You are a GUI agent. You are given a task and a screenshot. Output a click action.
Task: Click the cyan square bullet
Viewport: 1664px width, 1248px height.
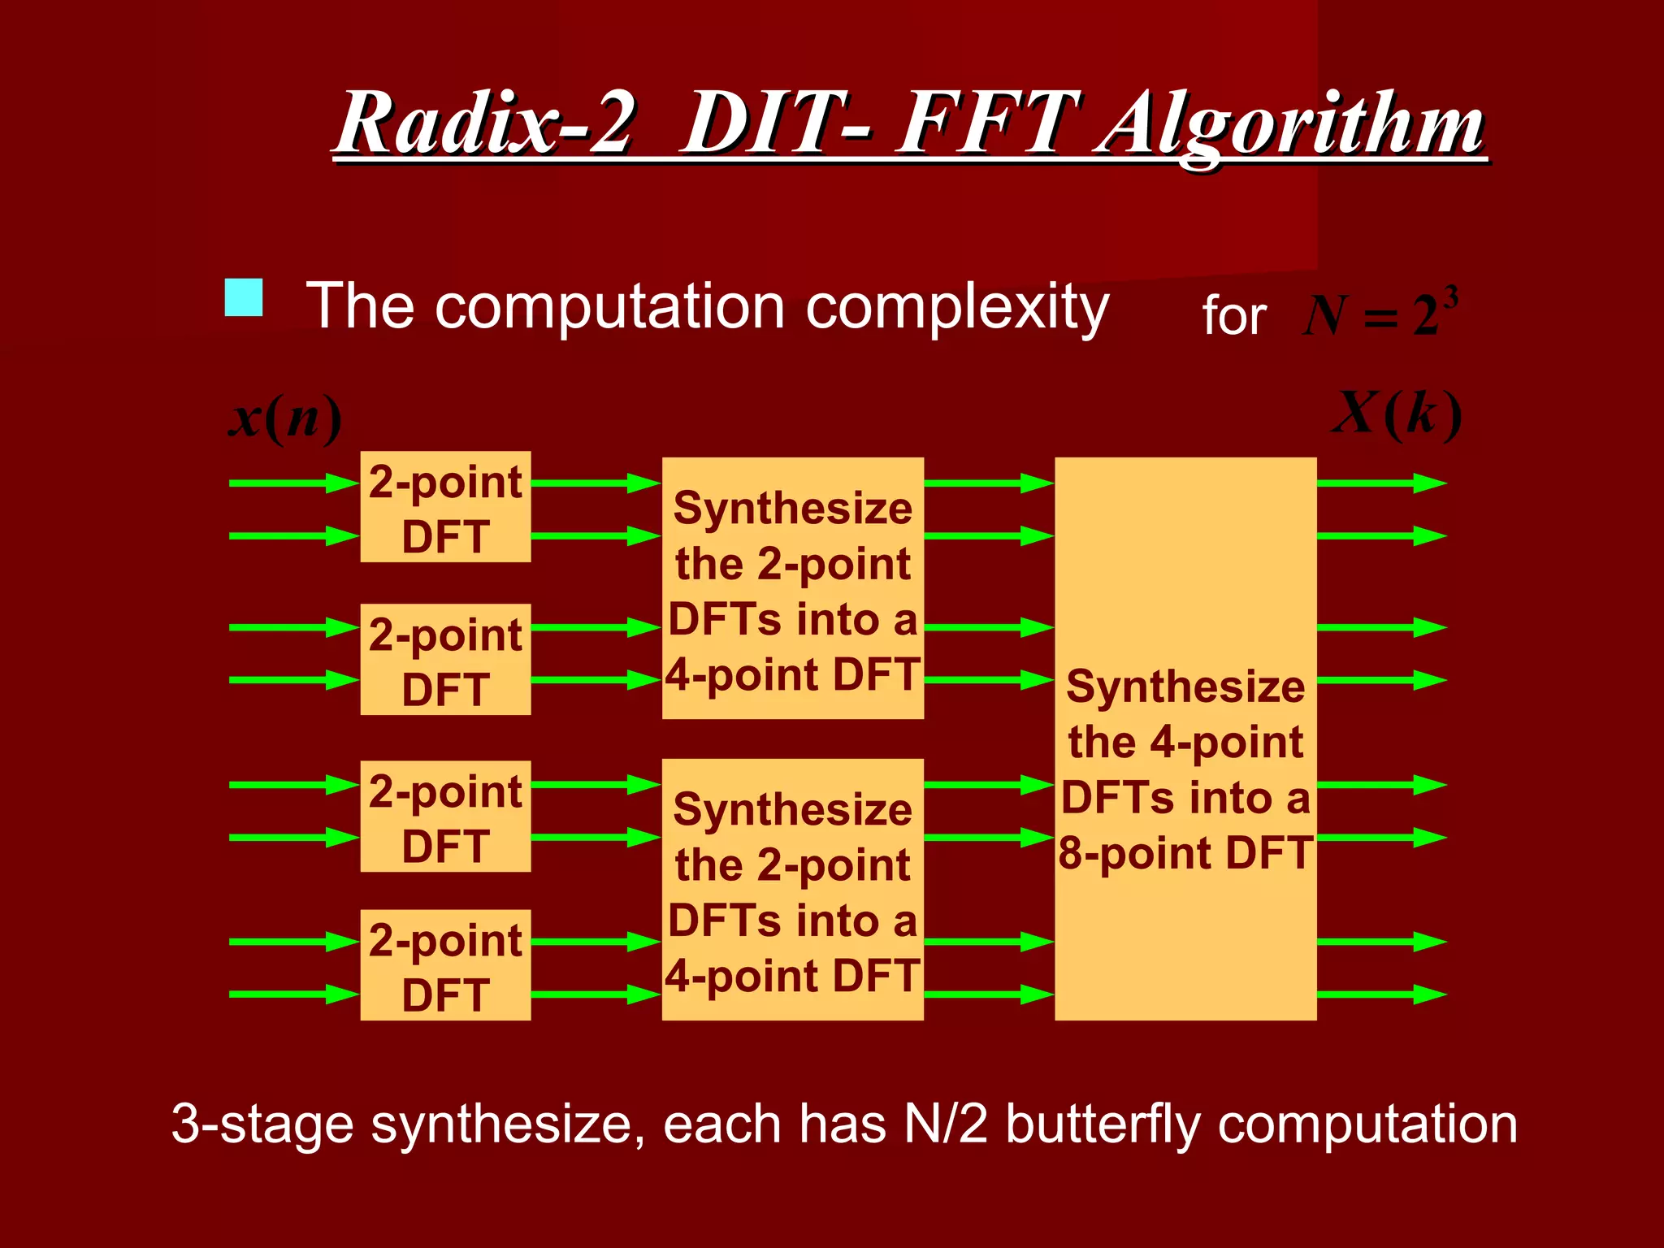pos(244,297)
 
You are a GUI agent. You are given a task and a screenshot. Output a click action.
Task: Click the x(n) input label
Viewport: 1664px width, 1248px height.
pos(284,419)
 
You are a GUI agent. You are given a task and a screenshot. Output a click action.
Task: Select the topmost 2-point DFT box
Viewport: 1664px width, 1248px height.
pos(445,507)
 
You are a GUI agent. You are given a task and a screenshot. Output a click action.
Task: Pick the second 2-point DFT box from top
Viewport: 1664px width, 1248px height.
pos(445,660)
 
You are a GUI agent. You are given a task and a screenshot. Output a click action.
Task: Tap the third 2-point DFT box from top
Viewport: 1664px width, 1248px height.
pos(445,817)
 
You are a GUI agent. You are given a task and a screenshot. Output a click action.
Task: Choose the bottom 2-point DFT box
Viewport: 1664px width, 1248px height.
pos(445,965)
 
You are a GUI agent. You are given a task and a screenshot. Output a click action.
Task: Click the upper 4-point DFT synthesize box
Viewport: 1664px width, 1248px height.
pos(792,588)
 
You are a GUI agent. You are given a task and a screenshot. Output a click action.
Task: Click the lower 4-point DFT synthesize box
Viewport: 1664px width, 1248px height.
pos(792,890)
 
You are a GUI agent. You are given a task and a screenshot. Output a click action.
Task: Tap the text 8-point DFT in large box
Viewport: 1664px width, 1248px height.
pos(1185,853)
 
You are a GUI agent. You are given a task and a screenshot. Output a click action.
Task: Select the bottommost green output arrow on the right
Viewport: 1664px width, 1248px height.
pos(1381,994)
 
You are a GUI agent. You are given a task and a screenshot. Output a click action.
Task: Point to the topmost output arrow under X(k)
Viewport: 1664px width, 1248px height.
pos(1381,483)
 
